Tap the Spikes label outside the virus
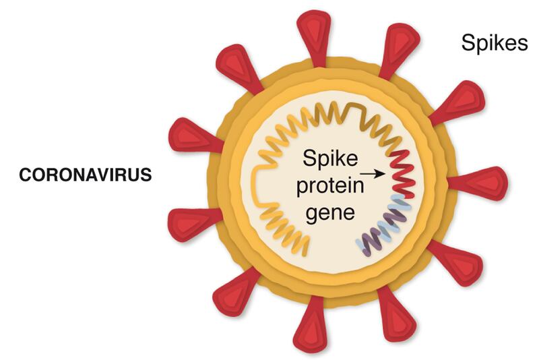(494, 44)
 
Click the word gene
(330, 215)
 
